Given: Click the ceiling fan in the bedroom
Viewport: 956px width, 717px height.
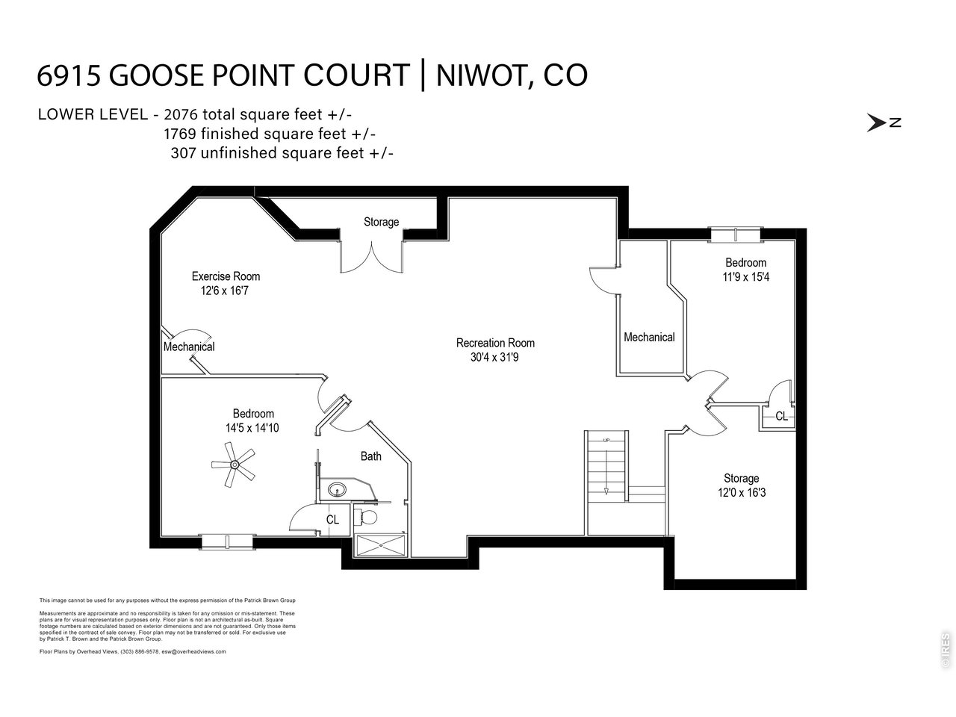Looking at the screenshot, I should tap(234, 465).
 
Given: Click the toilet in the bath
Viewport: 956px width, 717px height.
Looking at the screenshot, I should tap(367, 517).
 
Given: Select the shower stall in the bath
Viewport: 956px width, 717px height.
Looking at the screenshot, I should tap(382, 546).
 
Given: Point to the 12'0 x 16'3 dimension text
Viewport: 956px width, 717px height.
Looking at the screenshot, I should tap(741, 493).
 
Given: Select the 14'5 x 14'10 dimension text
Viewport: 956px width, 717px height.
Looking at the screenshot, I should tap(252, 428).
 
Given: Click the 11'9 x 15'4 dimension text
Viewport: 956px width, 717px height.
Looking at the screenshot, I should tap(745, 277).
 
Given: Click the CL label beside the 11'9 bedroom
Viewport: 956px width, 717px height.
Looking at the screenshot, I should tap(781, 416).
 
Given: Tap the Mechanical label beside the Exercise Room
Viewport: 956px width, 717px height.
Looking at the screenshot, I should tap(189, 347).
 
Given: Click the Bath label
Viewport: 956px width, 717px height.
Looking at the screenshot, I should tap(371, 456).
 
